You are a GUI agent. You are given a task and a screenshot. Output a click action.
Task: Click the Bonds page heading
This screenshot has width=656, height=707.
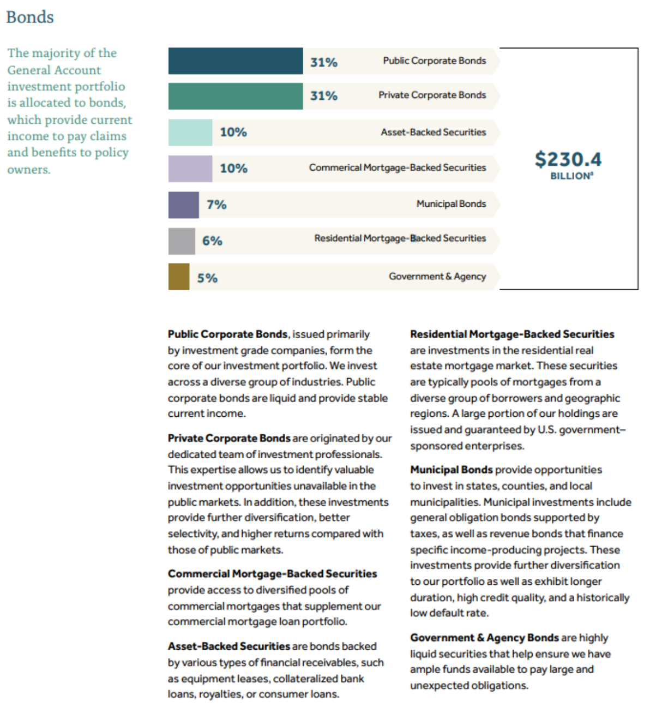pos(30,17)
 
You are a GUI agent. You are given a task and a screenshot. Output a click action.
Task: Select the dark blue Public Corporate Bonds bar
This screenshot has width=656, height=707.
pos(235,61)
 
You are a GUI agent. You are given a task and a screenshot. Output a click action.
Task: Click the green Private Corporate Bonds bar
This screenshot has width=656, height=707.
pos(235,96)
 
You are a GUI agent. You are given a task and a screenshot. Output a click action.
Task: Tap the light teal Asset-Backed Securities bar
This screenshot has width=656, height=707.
pos(190,133)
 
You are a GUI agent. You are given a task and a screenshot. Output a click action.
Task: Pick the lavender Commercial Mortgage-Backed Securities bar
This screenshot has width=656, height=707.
pos(190,169)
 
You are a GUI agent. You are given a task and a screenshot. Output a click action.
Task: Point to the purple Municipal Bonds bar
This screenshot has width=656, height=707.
pos(183,205)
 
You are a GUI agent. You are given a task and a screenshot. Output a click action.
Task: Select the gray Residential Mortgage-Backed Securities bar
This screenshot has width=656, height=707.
pos(182,241)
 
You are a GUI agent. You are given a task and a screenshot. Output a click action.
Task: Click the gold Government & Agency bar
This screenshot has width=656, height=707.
pos(179,277)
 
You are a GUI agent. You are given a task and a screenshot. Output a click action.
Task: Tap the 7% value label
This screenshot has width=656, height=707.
pos(216,205)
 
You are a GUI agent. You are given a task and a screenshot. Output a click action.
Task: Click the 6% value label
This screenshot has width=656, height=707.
pos(212,241)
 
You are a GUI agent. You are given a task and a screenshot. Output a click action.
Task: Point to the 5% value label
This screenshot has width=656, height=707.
pos(207,278)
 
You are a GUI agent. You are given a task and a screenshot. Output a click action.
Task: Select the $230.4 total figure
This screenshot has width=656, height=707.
pos(568,159)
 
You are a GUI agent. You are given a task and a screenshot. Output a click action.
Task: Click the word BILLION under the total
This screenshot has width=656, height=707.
pos(570,176)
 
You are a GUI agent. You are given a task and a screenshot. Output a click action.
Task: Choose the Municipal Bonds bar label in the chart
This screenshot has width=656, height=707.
pos(451,204)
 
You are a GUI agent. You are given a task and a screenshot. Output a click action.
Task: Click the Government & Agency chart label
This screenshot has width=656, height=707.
pos(437,277)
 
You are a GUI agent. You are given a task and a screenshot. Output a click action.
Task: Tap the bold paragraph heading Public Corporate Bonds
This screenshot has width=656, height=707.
pos(227,334)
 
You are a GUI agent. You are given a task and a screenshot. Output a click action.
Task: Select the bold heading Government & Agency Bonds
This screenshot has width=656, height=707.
pos(484,638)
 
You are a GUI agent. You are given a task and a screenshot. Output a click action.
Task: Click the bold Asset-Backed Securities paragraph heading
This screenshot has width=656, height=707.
pos(228,646)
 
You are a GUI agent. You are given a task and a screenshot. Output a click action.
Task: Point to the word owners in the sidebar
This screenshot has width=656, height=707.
pos(28,170)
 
